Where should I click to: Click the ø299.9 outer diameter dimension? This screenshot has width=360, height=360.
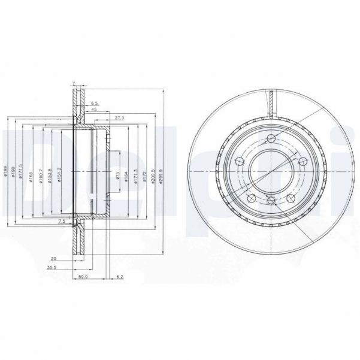pos(161,177)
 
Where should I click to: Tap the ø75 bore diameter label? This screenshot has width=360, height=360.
pos(119,177)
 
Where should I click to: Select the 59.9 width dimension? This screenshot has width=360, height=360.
pos(84,277)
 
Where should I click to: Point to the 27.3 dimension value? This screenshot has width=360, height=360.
pos(119,118)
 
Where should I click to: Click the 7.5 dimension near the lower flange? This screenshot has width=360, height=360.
pos(61,220)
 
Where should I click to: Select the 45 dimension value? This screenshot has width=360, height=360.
pos(95,110)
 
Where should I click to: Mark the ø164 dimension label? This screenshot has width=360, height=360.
pos(127,177)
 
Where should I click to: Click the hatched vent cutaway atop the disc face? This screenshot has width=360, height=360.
pos(272,102)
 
